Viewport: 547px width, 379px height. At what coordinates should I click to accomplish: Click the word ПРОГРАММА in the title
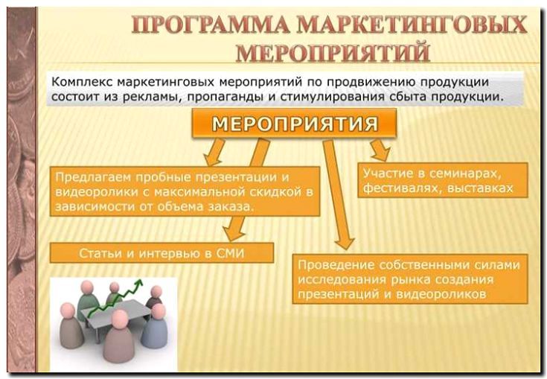[x=211, y=25]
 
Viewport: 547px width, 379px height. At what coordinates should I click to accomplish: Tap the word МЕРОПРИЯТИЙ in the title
[x=333, y=52]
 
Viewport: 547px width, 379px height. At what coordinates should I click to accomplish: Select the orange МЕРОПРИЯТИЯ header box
[x=294, y=123]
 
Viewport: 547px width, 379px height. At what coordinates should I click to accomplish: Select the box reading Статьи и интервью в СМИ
[x=161, y=252]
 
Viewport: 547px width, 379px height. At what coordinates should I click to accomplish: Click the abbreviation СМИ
[x=230, y=252]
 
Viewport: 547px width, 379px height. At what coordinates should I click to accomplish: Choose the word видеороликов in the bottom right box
[x=441, y=294]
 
